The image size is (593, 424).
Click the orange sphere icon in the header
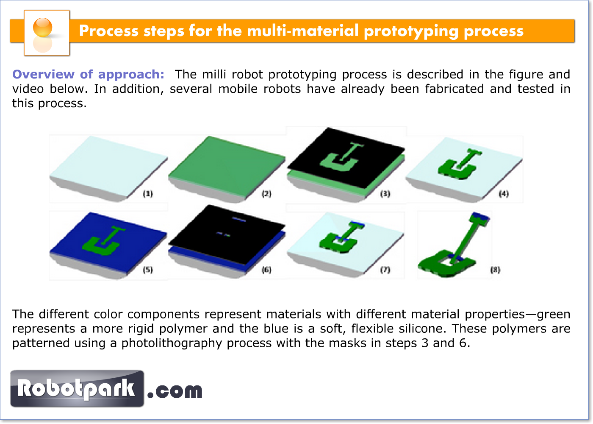[42, 27]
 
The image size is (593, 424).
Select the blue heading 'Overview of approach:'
[88, 74]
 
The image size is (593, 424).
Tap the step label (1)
[148, 194]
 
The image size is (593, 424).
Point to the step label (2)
[266, 194]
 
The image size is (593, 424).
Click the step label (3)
[385, 194]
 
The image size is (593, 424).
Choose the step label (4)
[504, 194]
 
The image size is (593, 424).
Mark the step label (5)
[148, 270]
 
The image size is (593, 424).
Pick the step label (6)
[266, 270]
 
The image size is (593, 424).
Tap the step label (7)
[385, 270]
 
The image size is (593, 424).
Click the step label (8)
[495, 270]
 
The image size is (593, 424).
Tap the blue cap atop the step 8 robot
[481, 216]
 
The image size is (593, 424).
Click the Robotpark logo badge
[77, 388]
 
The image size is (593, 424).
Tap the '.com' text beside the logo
[175, 391]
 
